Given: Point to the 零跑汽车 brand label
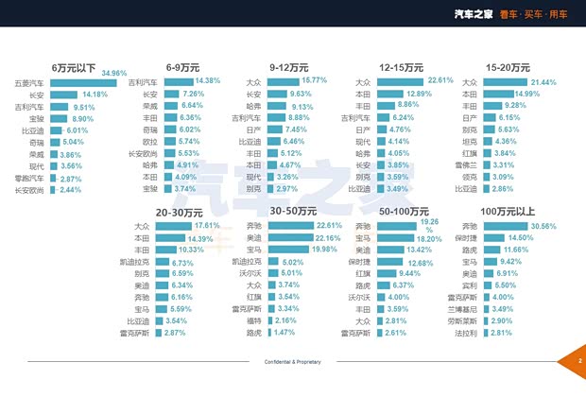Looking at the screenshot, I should coord(31,179).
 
